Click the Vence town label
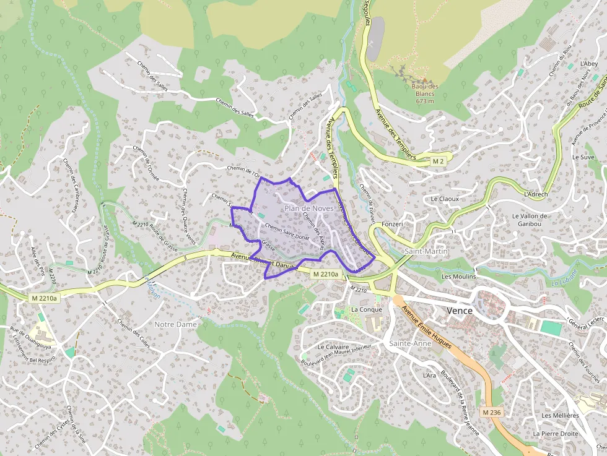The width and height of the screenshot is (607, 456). [x=460, y=310]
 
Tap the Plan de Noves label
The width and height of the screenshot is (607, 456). [x=309, y=209]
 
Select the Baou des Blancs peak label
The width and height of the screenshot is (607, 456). [x=425, y=93]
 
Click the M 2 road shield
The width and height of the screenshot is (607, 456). [x=439, y=161]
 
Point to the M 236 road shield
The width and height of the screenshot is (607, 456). [x=491, y=412]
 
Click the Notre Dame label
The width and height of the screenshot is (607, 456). [x=175, y=324]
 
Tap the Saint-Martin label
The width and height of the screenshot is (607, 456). [x=426, y=251]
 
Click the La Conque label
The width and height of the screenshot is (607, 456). [x=366, y=309]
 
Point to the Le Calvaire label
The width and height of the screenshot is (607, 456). [x=333, y=347]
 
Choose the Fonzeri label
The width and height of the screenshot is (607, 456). [x=393, y=223]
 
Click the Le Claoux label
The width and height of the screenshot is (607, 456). [x=445, y=199]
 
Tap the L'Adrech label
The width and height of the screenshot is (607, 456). [x=536, y=194]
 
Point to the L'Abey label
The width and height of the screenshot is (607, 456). [x=588, y=64]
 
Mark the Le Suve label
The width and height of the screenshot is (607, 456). [x=583, y=157]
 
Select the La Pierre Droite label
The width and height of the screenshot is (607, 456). [x=559, y=434]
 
